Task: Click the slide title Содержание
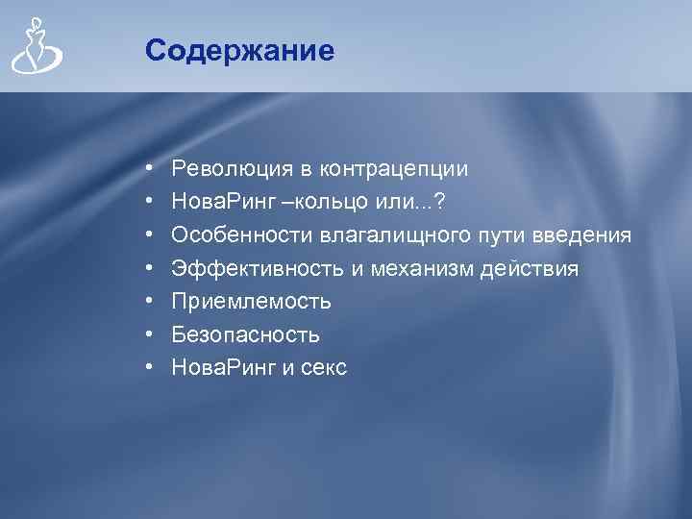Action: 240,50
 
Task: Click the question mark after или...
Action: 440,202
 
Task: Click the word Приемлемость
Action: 252,302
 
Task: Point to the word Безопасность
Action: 246,334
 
